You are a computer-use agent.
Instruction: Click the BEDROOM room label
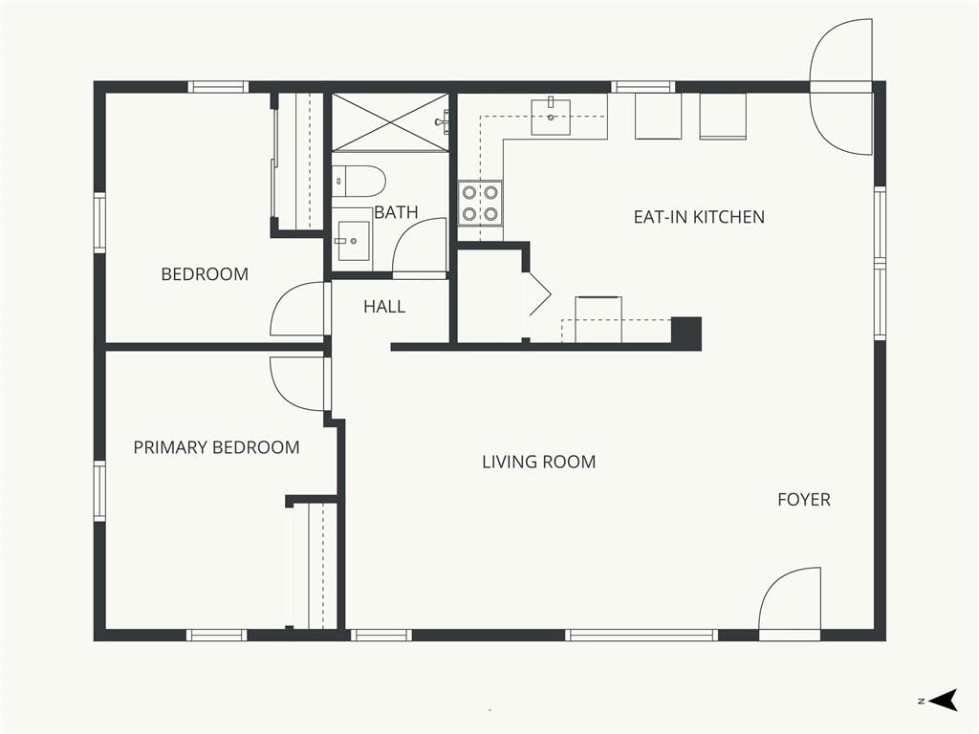point(205,274)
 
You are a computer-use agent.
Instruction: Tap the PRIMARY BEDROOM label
point(217,447)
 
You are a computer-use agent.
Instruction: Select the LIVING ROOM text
point(539,462)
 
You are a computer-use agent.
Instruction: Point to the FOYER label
point(804,499)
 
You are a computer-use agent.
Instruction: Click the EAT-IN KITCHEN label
point(699,217)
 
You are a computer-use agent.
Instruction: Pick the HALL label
point(384,307)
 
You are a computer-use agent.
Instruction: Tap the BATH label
point(396,212)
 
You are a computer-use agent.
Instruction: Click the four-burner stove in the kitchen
point(480,203)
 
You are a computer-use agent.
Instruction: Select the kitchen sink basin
point(551,117)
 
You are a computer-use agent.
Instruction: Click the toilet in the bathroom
point(358,181)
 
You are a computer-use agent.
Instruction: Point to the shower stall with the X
point(390,122)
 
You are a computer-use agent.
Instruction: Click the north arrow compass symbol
point(943,700)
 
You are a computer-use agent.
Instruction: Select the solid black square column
point(686,334)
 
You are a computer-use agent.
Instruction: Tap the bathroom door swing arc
point(419,246)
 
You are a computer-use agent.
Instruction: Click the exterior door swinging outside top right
point(840,87)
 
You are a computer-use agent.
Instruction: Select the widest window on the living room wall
point(642,636)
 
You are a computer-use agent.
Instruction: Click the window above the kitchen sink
point(643,87)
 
